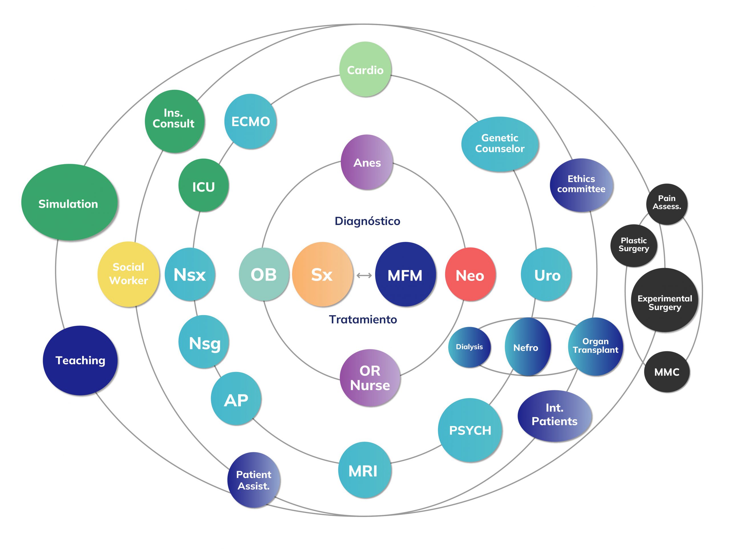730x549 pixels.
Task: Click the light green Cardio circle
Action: (x=365, y=69)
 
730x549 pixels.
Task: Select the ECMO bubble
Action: (x=250, y=121)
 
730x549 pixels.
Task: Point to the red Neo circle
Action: (x=470, y=274)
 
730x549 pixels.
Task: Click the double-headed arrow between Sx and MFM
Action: (x=364, y=275)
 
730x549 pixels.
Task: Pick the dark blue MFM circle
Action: (x=405, y=274)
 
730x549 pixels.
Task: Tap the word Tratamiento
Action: (x=363, y=319)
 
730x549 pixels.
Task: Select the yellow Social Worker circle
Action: (x=128, y=274)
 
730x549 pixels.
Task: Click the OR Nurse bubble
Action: (x=370, y=378)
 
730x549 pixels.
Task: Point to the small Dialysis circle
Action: (x=469, y=347)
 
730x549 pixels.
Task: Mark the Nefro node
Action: (x=527, y=347)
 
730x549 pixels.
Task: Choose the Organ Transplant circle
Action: (x=595, y=346)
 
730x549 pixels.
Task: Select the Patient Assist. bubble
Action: (x=254, y=480)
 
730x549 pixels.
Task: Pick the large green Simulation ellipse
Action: (x=69, y=203)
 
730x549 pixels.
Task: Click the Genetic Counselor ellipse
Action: (x=500, y=144)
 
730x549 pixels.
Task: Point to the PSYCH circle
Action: (x=470, y=430)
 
